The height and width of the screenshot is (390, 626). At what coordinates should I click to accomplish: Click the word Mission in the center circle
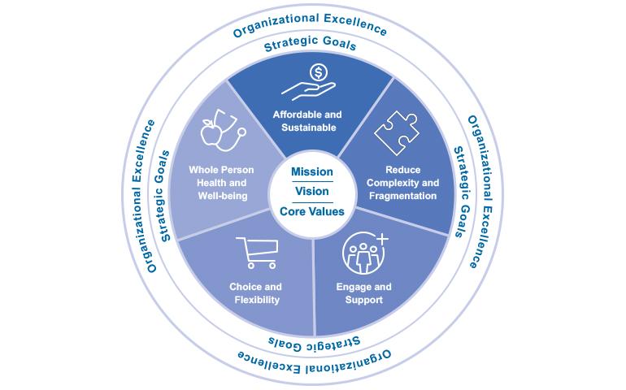click(312, 173)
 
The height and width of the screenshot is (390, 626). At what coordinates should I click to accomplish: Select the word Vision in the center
click(312, 193)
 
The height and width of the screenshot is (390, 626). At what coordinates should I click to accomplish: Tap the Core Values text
click(312, 211)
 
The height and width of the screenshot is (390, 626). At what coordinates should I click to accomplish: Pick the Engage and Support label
click(363, 293)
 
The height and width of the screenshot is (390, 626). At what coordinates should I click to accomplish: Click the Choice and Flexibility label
click(255, 293)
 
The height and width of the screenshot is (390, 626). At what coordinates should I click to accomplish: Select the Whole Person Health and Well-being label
click(222, 184)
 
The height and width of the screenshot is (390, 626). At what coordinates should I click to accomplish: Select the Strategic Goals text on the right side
click(462, 193)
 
